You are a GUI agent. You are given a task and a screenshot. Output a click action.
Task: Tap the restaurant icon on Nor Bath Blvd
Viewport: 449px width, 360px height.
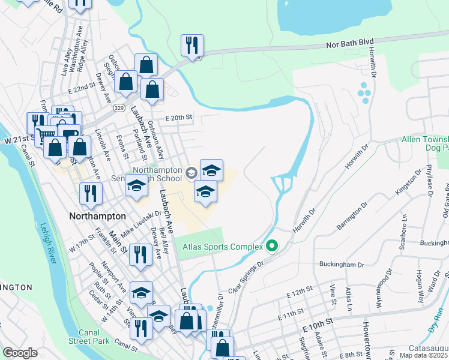pyautogui.click(x=192, y=46)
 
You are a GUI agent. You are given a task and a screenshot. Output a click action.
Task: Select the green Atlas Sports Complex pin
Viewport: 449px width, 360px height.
pyautogui.click(x=272, y=245)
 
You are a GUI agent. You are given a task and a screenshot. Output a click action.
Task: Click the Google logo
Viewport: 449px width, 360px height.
pyautogui.click(x=20, y=353)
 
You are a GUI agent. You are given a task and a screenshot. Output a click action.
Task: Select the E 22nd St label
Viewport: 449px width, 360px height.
pyautogui.click(x=82, y=88)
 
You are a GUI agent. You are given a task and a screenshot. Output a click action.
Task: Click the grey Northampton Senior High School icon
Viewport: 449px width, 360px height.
pyautogui.click(x=191, y=173)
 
